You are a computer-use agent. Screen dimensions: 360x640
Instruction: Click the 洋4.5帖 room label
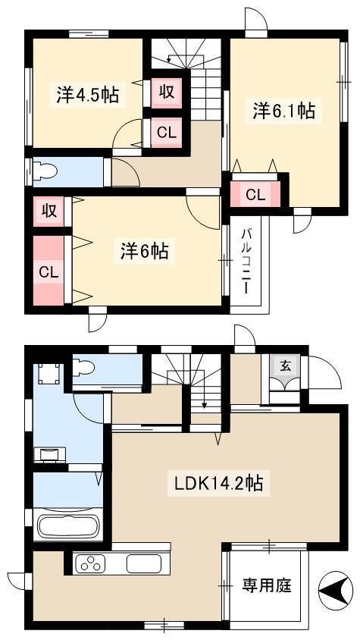click(x=87, y=96)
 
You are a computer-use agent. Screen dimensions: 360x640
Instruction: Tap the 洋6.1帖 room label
click(x=283, y=111)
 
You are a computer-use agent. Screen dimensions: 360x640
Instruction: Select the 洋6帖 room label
click(x=145, y=250)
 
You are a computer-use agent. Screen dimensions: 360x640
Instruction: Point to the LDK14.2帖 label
click(x=218, y=484)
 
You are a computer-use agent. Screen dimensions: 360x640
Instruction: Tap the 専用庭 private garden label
click(x=267, y=585)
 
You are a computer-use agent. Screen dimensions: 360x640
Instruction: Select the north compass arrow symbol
click(x=336, y=591)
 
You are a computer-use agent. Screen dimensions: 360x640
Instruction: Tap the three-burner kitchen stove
click(x=90, y=564)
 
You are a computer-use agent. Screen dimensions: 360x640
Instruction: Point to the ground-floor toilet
click(x=83, y=367)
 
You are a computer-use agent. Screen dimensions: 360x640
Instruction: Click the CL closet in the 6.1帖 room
click(x=255, y=195)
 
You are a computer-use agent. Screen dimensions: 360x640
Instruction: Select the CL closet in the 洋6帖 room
click(x=49, y=271)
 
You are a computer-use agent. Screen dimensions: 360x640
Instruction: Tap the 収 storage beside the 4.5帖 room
click(x=167, y=93)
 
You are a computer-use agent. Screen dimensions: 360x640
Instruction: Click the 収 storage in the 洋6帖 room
click(x=49, y=212)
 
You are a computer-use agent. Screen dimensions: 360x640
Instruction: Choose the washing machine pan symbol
click(x=49, y=374)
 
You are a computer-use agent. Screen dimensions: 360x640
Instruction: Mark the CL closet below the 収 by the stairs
click(x=167, y=133)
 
